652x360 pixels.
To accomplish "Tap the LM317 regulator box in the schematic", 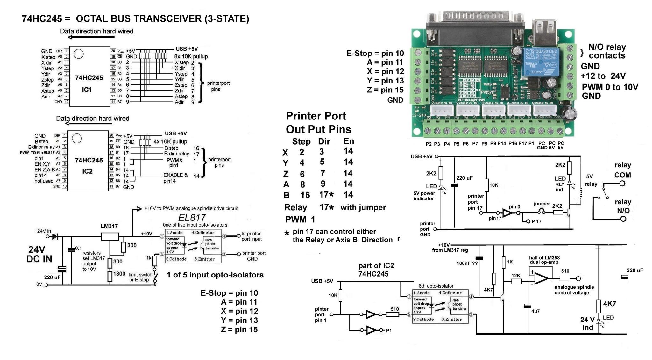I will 110,236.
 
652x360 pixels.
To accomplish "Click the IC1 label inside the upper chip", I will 87,90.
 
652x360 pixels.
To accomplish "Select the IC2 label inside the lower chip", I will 87,171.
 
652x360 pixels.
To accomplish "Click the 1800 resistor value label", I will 119,274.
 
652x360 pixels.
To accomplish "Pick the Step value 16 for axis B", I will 305,195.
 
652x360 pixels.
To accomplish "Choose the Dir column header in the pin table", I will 324,141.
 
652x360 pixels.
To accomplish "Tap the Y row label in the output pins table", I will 285,163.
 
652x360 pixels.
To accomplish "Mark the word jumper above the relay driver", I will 542,204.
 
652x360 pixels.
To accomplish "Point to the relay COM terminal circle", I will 622,184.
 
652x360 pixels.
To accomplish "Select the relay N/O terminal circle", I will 623,219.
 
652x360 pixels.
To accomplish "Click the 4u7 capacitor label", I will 535,311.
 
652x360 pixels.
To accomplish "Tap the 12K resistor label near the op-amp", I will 516,276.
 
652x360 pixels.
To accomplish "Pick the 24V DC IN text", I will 39,254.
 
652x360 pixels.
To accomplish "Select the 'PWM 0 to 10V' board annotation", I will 610,87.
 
